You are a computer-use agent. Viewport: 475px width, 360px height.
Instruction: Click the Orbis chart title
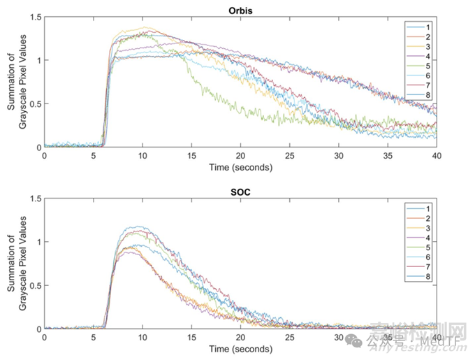[x=240, y=10]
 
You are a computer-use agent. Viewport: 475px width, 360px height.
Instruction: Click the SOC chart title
[x=240, y=192]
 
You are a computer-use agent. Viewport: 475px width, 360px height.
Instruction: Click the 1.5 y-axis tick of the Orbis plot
[x=35, y=17]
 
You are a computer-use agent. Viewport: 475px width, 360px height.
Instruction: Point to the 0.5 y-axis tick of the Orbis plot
[x=35, y=104]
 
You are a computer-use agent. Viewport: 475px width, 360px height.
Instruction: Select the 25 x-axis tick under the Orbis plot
[x=289, y=156]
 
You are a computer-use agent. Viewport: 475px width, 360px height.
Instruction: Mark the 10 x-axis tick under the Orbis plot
[x=142, y=156]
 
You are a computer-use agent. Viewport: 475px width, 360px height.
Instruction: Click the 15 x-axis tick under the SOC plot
[x=191, y=338]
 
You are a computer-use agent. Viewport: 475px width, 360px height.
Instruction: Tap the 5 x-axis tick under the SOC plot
[x=94, y=338]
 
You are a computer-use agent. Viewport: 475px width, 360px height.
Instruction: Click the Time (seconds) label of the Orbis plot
[x=240, y=168]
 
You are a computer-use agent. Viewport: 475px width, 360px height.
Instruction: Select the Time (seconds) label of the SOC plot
[x=240, y=349]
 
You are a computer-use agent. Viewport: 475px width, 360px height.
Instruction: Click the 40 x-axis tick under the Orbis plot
[x=436, y=156]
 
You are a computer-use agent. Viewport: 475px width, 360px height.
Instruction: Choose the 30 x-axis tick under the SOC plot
[x=338, y=338]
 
